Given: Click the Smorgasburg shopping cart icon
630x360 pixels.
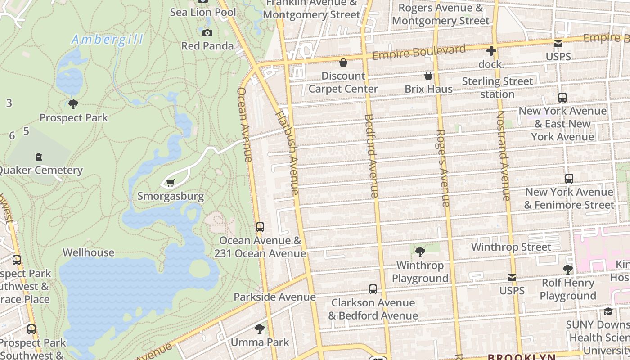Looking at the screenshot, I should coord(170,183).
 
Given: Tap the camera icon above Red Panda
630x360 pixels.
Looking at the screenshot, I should coord(207,33).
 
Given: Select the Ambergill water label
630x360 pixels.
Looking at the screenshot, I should coord(107,40).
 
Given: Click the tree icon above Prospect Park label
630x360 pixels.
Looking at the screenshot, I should coord(73,105).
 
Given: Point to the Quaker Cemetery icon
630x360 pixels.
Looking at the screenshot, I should coord(39,157).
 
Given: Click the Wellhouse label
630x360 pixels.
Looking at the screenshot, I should coord(88,252).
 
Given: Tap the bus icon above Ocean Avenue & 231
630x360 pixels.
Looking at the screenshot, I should coord(260,227).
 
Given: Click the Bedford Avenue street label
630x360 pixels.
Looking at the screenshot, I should coord(371,156).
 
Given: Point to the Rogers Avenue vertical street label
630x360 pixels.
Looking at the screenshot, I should coord(443,168).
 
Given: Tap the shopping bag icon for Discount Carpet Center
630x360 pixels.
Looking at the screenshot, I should coord(343,63).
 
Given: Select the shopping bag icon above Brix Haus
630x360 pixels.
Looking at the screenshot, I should coord(428,76).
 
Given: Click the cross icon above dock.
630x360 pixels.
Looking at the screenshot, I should coord(491,51).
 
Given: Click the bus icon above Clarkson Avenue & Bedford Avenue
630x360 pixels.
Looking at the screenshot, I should coord(373,289).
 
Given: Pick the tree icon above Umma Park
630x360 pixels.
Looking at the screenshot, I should coord(260,329).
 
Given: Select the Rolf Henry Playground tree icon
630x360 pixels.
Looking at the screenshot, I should coord(568,270).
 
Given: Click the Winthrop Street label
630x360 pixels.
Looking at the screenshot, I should coord(511,247).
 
